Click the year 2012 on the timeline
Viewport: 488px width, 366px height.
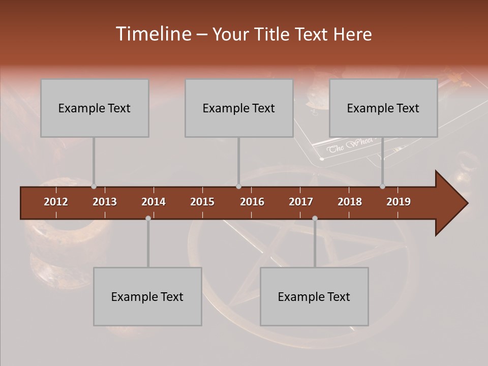point(56,202)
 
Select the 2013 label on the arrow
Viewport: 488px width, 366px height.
point(105,202)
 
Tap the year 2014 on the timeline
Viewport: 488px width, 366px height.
point(154,202)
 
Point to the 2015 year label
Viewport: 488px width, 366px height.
point(202,202)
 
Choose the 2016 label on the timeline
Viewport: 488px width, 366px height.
point(252,202)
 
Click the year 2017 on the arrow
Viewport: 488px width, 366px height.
point(301,202)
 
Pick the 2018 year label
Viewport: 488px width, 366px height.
point(350,202)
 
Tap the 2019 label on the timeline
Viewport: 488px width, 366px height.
point(399,202)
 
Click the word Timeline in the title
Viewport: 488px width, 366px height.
point(153,34)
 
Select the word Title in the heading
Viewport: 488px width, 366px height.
point(272,34)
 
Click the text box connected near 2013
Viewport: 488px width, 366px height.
point(95,108)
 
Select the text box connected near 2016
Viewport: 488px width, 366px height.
point(239,108)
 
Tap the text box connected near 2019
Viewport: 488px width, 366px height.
point(383,108)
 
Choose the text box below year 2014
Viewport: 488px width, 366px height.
point(147,296)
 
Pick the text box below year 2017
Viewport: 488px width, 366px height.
point(314,296)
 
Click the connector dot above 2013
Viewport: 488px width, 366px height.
point(94,187)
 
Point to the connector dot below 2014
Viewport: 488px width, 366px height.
point(148,218)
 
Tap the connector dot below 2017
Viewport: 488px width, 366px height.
point(315,218)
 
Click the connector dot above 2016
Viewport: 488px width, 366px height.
point(238,187)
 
